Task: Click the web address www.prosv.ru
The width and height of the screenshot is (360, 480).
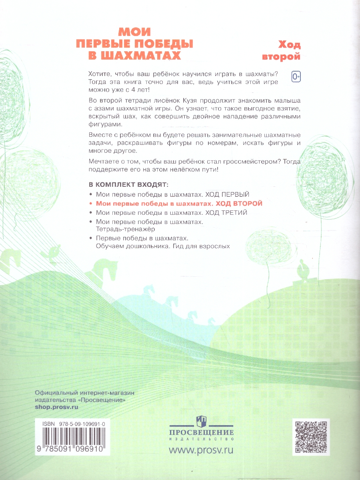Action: (201, 450)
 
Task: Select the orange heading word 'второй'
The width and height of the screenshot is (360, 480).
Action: (281, 56)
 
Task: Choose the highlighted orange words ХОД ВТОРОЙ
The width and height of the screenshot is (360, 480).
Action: (236, 203)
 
